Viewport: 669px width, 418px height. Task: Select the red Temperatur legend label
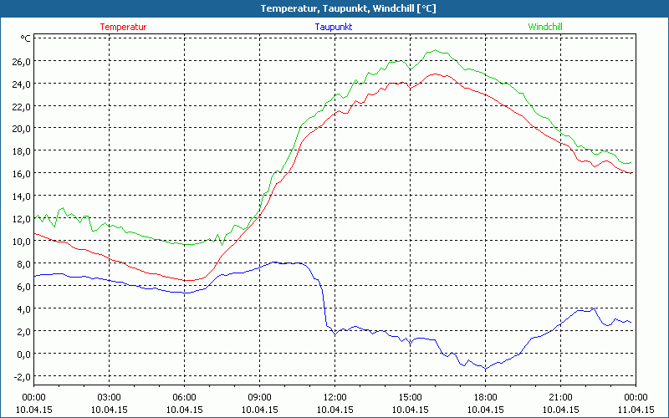123,27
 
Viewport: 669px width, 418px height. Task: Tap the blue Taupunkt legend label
333,27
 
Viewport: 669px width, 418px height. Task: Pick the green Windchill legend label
545,27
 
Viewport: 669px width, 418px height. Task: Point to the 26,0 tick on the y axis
20,61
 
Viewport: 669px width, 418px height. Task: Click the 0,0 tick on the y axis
22,354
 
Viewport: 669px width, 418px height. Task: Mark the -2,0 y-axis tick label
20,376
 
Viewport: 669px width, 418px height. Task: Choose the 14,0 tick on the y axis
20,196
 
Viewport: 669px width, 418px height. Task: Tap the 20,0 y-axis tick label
20,129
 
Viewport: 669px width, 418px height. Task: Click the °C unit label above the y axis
25,38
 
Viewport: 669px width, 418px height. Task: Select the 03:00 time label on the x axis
109,397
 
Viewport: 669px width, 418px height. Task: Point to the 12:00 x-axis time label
334,397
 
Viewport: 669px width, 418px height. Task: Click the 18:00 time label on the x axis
485,397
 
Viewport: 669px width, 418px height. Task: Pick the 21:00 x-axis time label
560,397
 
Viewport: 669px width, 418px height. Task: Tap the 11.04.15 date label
636,410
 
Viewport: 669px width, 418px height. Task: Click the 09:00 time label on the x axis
259,397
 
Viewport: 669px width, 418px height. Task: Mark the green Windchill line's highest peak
433,50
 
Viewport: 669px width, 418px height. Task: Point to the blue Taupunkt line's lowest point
484,369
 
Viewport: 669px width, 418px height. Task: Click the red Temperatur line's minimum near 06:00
189,280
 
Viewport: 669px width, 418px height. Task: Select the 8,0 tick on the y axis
22,264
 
